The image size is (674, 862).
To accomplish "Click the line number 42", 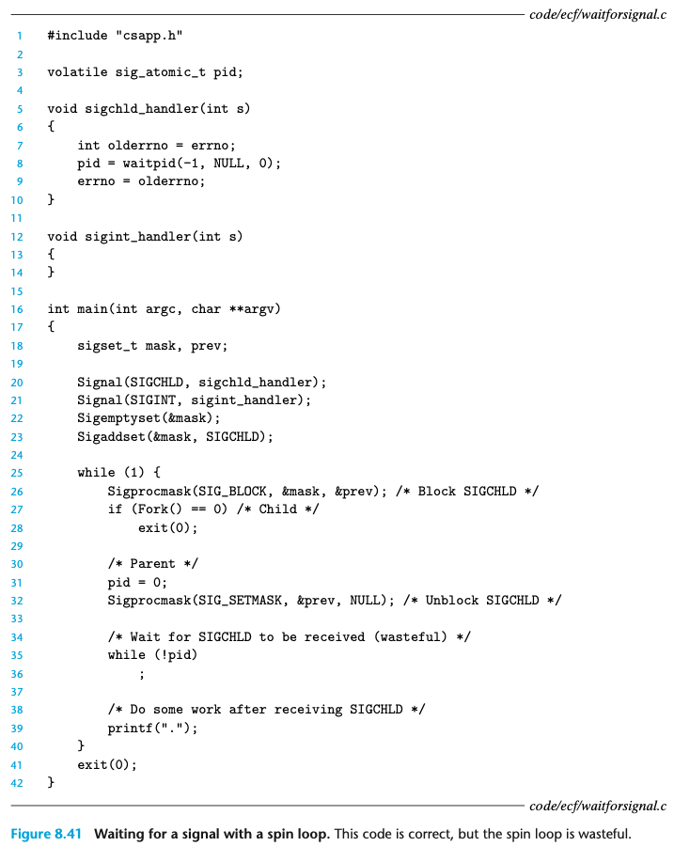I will point(18,782).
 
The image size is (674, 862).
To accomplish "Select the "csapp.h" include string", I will point(149,36).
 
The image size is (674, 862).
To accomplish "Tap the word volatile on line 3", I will point(77,72).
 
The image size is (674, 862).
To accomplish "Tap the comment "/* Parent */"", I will point(152,563).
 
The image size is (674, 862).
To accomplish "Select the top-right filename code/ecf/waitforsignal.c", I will point(597,13).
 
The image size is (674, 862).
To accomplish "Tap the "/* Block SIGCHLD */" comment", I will point(478,491).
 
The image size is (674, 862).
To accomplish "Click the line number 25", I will point(18,473).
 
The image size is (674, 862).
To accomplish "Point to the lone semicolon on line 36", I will point(141,673).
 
